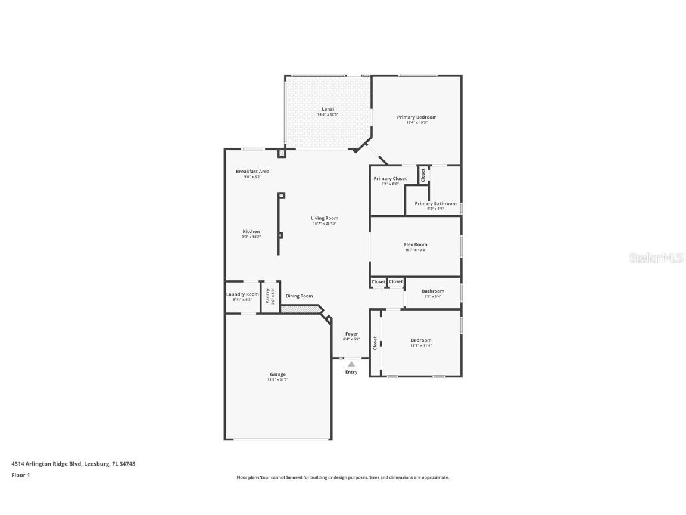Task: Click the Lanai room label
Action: click(x=328, y=109)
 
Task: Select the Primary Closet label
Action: click(x=390, y=179)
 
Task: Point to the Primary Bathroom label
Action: click(x=435, y=203)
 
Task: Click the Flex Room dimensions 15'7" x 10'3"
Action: click(x=415, y=250)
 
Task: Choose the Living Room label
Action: click(x=325, y=218)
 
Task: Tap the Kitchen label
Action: click(x=251, y=231)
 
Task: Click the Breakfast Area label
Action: click(x=252, y=171)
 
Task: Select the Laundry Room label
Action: click(x=242, y=294)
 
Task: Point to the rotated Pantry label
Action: click(x=268, y=296)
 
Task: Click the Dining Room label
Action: click(x=299, y=296)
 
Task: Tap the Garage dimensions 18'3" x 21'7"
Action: click(x=277, y=380)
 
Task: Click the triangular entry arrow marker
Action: click(x=351, y=364)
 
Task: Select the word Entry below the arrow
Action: click(x=351, y=372)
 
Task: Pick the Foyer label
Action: click(x=351, y=334)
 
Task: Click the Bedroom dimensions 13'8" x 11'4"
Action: click(x=421, y=345)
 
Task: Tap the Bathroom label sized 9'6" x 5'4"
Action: click(x=433, y=291)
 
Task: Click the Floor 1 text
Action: click(x=21, y=475)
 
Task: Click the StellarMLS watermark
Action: click(x=653, y=257)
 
